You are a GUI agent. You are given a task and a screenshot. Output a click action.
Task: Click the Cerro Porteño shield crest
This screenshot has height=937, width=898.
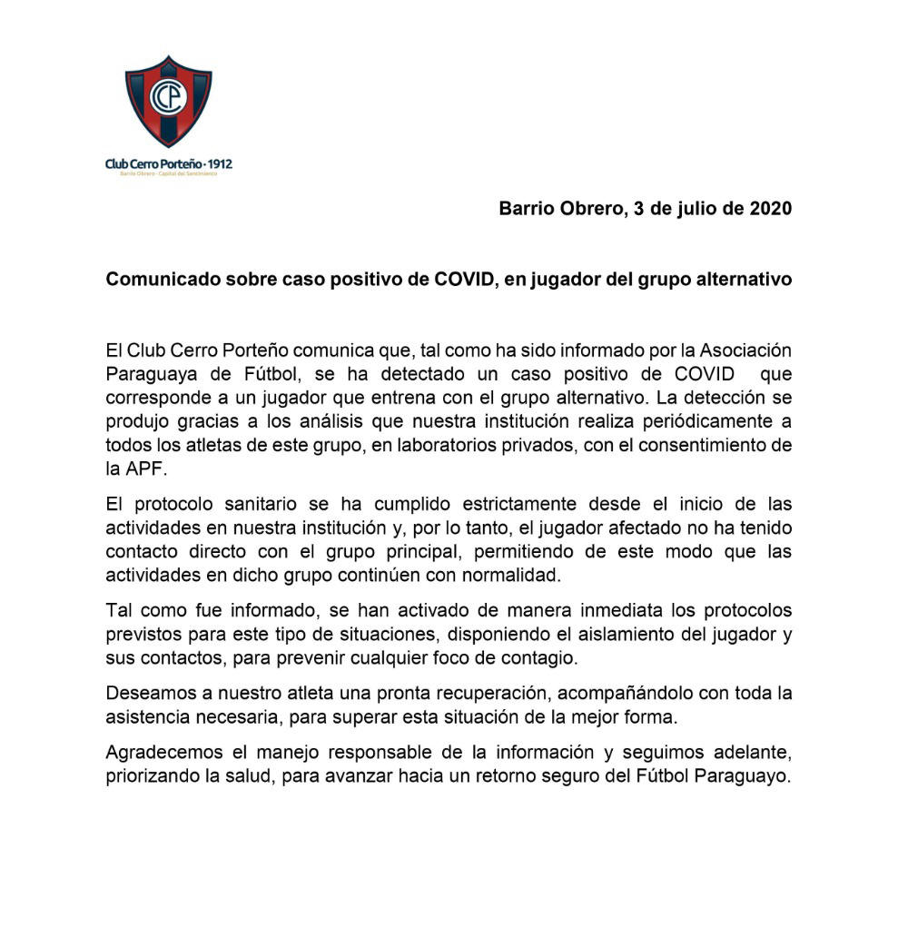tap(168, 101)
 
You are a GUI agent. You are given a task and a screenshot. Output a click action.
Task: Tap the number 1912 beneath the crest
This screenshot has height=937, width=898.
tap(220, 164)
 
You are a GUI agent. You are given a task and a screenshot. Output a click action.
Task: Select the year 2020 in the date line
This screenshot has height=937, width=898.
tap(769, 209)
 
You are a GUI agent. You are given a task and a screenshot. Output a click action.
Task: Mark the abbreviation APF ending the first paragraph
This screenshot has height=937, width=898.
tap(146, 468)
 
